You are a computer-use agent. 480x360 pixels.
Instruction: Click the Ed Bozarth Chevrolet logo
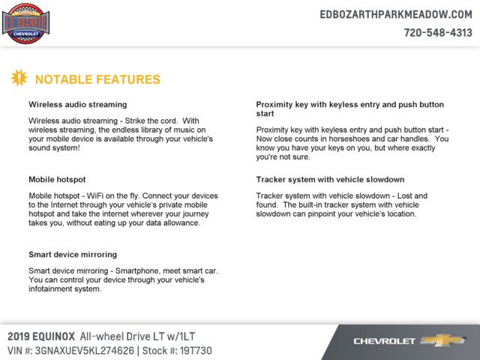click(x=26, y=23)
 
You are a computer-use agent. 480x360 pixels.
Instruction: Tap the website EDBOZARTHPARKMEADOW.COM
click(x=395, y=14)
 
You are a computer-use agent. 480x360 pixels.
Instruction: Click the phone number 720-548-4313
click(x=438, y=32)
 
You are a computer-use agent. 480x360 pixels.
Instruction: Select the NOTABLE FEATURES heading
click(x=97, y=79)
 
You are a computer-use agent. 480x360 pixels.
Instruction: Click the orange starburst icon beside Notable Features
click(x=19, y=77)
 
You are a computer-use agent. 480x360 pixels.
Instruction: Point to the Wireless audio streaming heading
click(x=77, y=104)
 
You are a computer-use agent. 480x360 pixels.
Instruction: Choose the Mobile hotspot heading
click(x=57, y=180)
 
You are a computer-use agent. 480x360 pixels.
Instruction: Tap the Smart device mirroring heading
click(x=73, y=254)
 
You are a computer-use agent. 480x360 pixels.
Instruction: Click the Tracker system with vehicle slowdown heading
click(x=330, y=180)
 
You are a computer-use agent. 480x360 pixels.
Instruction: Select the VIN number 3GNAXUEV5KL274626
click(x=88, y=349)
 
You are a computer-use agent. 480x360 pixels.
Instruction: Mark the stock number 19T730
click(x=196, y=349)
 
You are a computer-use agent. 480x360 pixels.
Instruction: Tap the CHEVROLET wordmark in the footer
click(x=384, y=341)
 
